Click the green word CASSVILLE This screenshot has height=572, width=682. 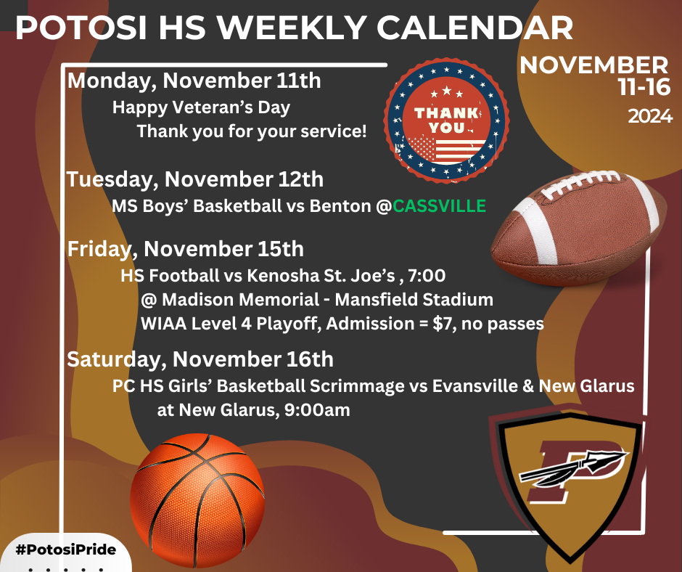(439, 206)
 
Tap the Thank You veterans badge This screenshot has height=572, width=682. (446, 121)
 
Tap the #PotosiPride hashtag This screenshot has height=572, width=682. (65, 549)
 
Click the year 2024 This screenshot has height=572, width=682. (650, 116)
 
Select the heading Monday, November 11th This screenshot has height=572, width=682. (194, 80)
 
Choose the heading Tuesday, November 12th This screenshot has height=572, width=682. (195, 179)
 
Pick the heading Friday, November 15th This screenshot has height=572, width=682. (186, 249)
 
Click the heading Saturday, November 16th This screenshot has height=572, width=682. (200, 359)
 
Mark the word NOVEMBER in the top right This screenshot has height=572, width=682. (593, 65)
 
